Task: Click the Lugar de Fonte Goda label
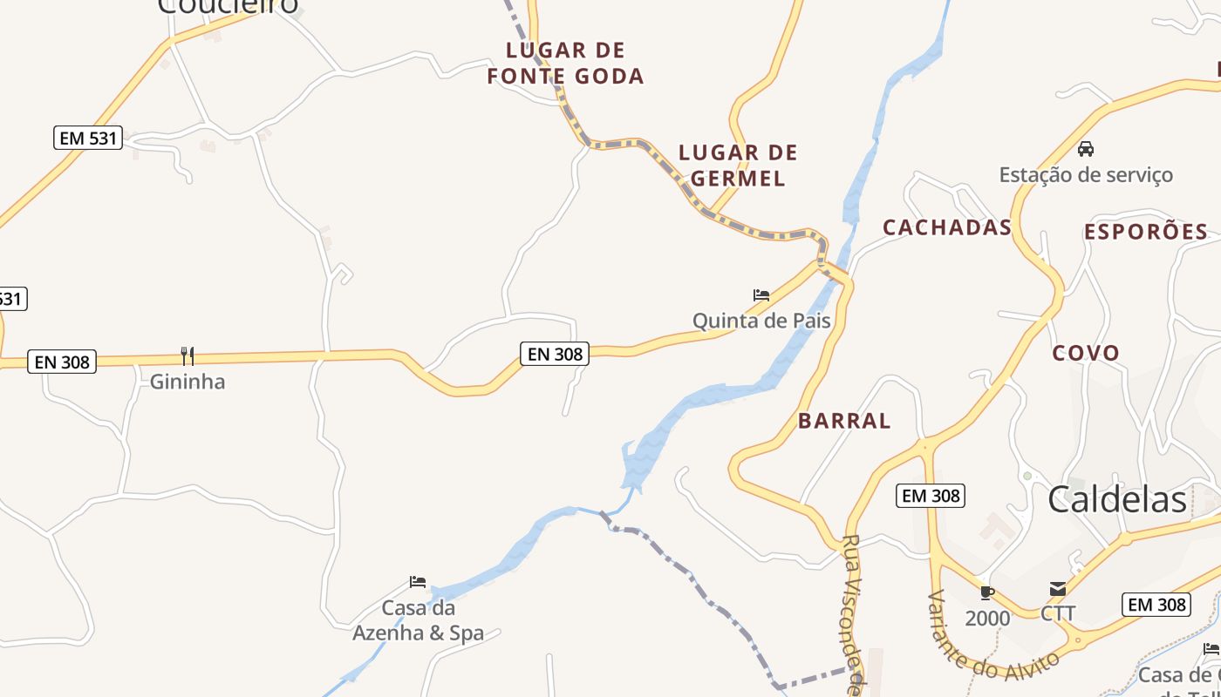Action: (565, 63)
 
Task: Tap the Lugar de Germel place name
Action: (738, 166)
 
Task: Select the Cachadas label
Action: (946, 227)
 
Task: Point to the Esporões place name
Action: (1146, 232)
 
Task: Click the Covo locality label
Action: (1085, 353)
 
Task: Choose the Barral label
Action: (844, 421)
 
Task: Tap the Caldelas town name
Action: (1117, 499)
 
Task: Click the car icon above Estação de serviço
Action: (1086, 149)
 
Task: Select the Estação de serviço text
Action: (1086, 174)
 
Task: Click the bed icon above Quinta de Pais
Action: (761, 295)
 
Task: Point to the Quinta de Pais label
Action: (761, 321)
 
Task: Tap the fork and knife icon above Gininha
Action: (187, 355)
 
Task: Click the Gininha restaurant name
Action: (188, 382)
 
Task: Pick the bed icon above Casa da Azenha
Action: (418, 582)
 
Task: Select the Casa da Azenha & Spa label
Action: (418, 620)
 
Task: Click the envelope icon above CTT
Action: (1057, 589)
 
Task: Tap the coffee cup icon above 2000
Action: (987, 593)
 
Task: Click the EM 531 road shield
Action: (88, 138)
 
